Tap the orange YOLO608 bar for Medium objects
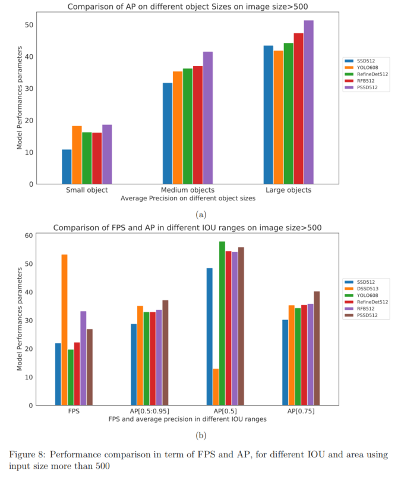178,127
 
